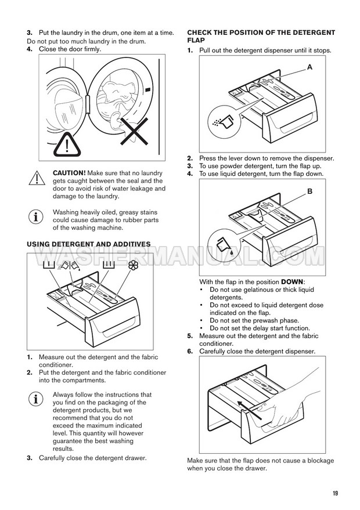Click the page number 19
pos(336,493)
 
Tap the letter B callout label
pos(309,190)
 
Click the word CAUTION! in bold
pos(69,173)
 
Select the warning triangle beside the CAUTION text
pos(36,178)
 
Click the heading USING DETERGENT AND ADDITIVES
pos(89,244)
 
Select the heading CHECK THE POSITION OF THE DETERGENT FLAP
pos(261,37)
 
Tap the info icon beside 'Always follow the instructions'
pos(36,399)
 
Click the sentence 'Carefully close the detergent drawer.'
pos(93,458)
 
